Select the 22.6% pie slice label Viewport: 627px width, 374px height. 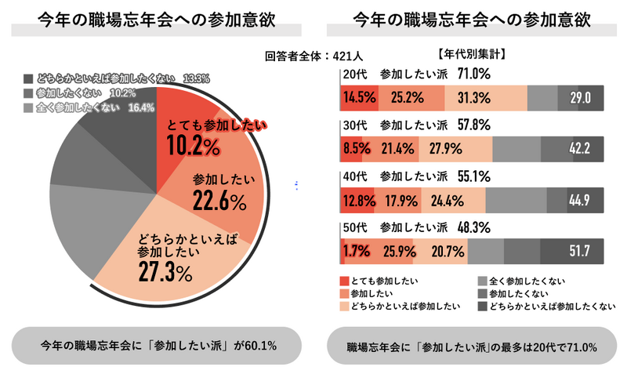coord(219,202)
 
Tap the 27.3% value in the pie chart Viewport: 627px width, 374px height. coord(165,272)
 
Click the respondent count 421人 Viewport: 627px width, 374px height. coord(346,56)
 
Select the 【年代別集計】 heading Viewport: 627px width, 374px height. coord(470,55)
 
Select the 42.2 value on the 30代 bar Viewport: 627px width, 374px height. coord(580,149)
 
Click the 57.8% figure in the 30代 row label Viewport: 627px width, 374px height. coord(473,125)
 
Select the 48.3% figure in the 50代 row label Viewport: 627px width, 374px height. coord(473,227)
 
